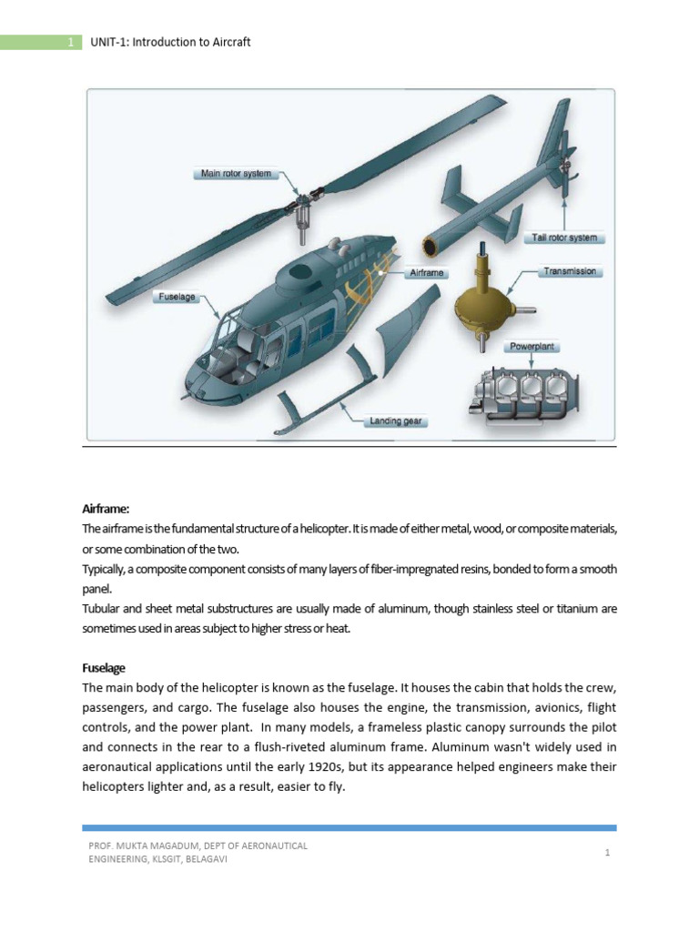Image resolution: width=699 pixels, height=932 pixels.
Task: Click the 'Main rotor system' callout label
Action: [234, 173]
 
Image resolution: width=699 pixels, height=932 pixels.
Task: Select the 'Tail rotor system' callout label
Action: [564, 238]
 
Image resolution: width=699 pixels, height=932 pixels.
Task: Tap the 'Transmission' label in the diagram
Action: [570, 271]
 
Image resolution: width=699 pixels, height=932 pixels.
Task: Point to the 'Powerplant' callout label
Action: [532, 347]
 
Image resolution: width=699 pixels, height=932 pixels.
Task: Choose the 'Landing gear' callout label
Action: [396, 421]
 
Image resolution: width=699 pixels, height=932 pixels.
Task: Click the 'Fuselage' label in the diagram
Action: [177, 297]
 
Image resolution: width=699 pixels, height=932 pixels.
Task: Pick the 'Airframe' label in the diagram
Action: [426, 273]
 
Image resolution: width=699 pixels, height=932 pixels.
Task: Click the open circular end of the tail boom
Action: [432, 246]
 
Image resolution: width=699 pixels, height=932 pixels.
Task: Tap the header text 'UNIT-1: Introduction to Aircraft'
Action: [170, 42]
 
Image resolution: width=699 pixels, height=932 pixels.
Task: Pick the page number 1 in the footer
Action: [606, 853]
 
